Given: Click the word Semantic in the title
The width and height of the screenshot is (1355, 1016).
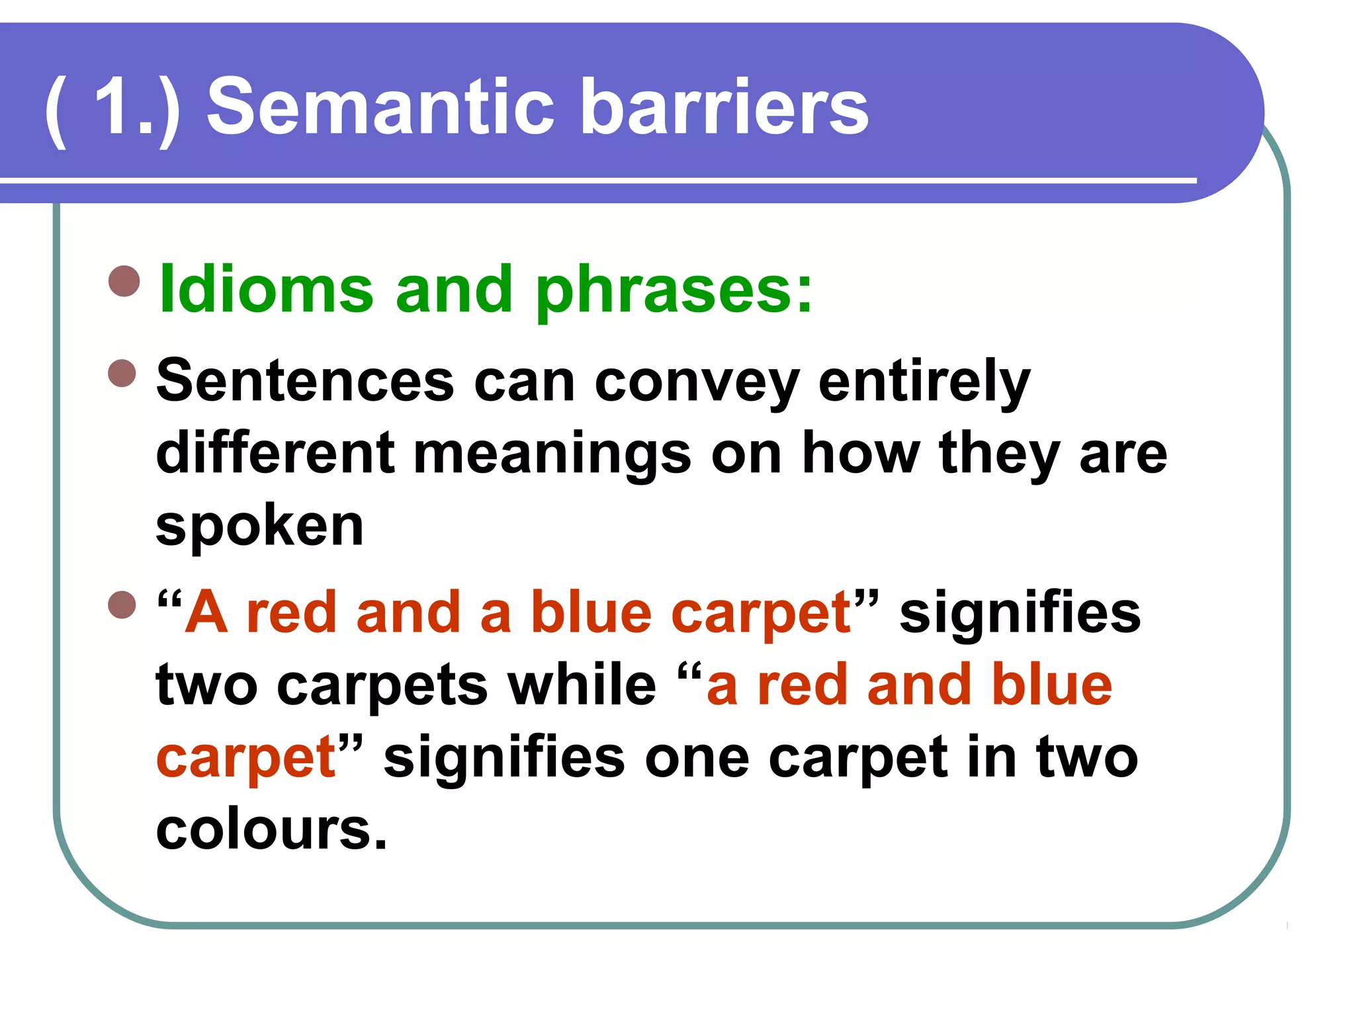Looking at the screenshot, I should click(380, 107).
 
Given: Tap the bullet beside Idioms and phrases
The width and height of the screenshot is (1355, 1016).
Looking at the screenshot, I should click(124, 281).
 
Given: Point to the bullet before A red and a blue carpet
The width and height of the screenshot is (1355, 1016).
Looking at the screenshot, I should click(122, 605).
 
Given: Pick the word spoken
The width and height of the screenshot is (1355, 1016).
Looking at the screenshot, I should click(259, 528).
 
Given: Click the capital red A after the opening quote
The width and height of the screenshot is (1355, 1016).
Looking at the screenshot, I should click(206, 613).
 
